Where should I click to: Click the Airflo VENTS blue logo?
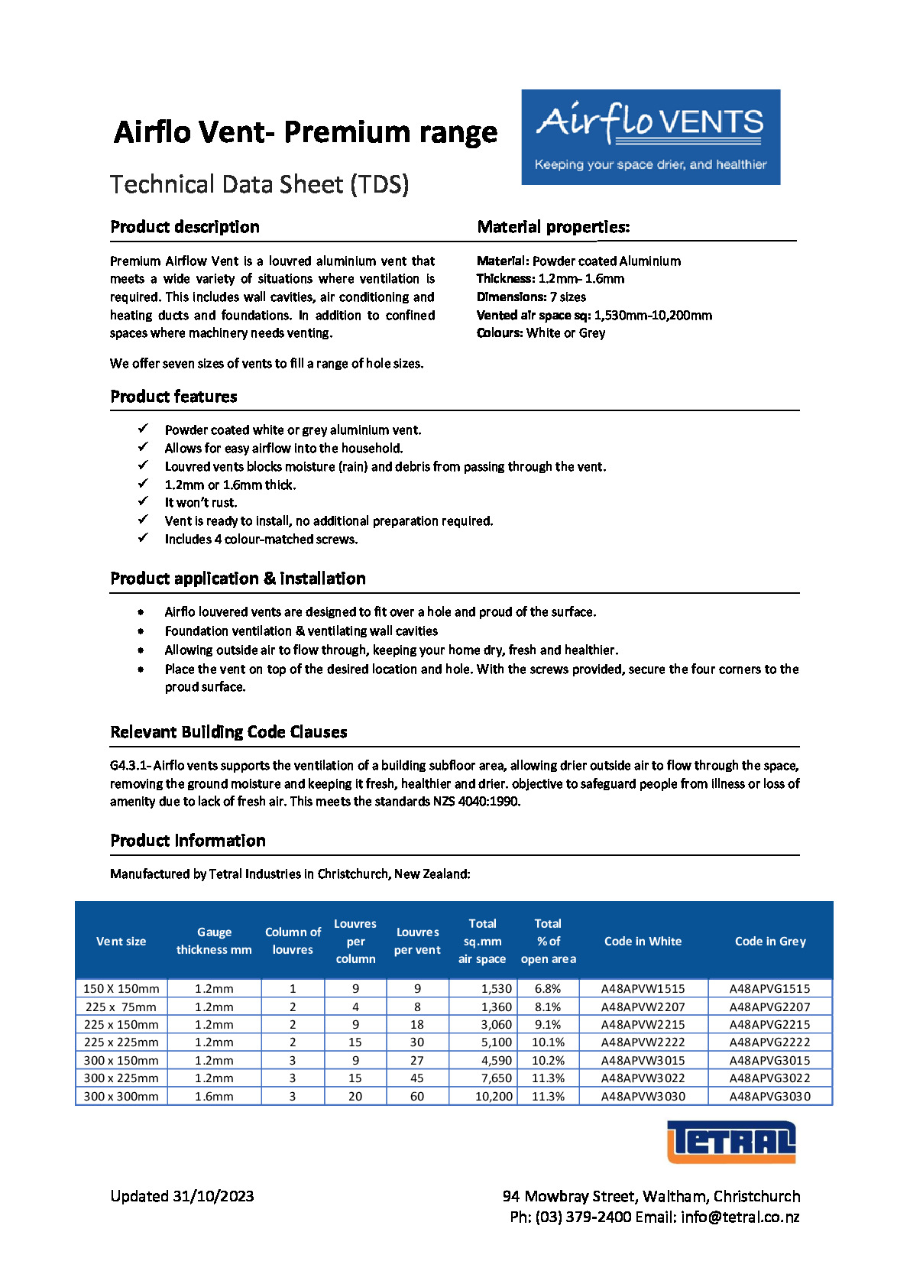coord(650,137)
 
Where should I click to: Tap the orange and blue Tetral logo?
coord(731,1142)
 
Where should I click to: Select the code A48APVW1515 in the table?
coord(643,988)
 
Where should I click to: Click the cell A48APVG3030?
coord(769,1096)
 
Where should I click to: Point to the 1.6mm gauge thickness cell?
coord(214,1096)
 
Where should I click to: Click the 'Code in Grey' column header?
coord(769,941)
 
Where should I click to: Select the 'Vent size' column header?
coord(121,941)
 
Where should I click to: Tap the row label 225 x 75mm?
coord(121,1007)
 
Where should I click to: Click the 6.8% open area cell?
coord(548,988)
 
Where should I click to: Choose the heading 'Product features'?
coord(173,397)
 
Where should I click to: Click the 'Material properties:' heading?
coord(553,227)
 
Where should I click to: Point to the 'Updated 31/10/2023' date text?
coord(182,1196)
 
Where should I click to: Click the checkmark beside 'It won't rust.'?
coord(143,501)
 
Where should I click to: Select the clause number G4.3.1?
coord(129,765)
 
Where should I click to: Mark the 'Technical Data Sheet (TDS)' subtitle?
coord(259,184)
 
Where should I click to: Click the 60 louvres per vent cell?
coord(417,1096)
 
